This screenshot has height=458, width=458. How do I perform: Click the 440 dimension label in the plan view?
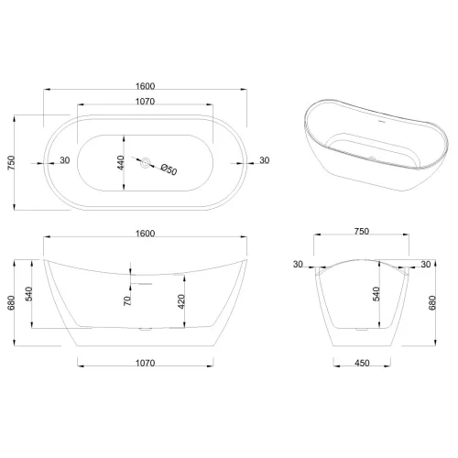121,163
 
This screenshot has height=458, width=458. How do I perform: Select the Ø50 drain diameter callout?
169,169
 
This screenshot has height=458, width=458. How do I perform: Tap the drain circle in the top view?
146,162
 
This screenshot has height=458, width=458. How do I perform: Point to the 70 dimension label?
127,300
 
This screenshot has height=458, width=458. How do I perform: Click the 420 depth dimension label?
181,301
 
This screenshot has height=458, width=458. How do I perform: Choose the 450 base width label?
362,363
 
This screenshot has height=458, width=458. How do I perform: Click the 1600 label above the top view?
146,86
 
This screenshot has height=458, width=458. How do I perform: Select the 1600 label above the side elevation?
146,234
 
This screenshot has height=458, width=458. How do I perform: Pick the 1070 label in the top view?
146,101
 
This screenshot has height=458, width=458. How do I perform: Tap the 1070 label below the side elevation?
146,363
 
